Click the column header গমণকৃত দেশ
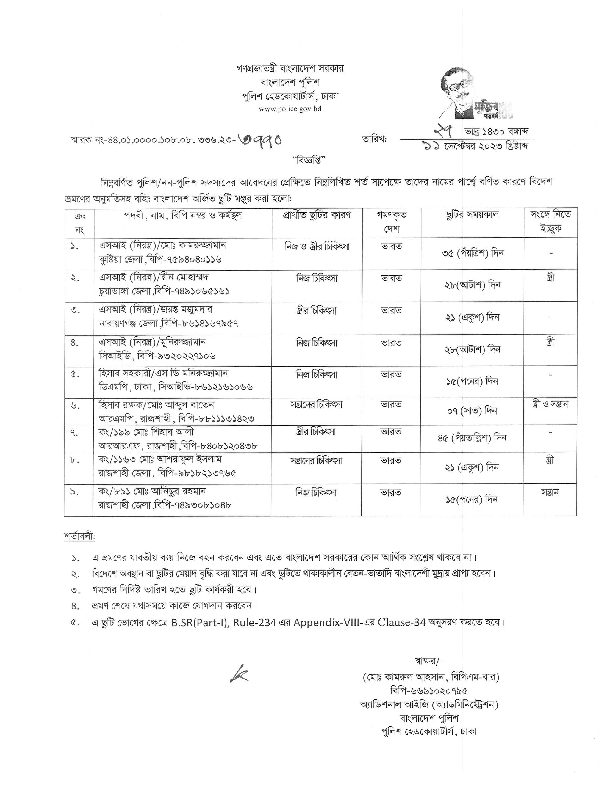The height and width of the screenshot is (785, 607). pyautogui.click(x=392, y=222)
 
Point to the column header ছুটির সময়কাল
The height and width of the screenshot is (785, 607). pyautogui.click(x=472, y=215)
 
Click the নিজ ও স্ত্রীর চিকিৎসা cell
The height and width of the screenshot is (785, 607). pyautogui.click(x=317, y=247)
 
